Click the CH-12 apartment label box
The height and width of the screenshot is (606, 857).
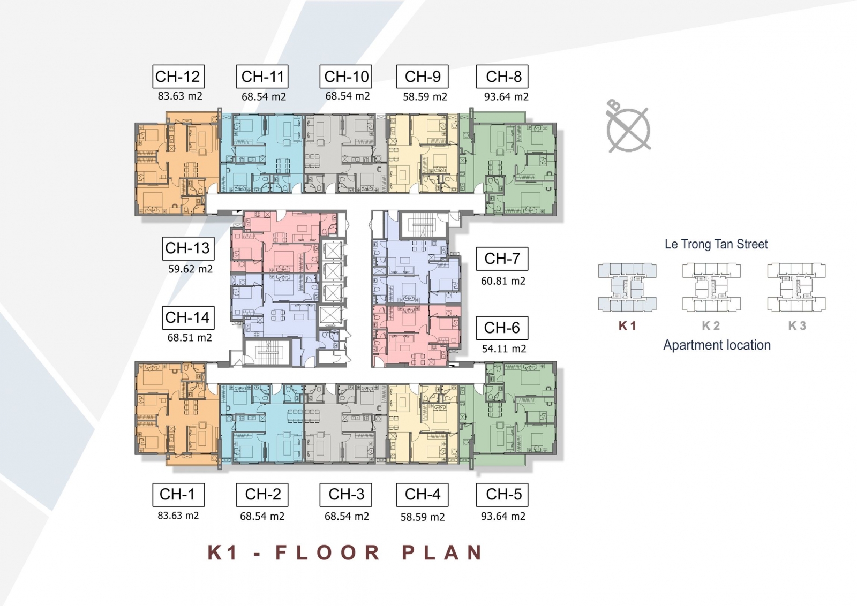[179, 77]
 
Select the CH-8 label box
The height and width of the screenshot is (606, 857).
[502, 77]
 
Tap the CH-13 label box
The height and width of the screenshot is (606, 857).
[188, 248]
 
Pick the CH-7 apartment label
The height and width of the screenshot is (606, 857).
[502, 259]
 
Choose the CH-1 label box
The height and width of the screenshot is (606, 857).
[179, 495]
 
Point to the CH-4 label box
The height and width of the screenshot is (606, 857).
[422, 495]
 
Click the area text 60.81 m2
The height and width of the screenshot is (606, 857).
[503, 281]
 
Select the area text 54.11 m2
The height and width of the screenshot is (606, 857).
[504, 349]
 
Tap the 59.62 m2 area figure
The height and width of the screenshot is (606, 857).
[191, 269]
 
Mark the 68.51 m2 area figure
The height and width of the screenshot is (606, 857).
[190, 338]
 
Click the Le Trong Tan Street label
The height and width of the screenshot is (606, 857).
[716, 244]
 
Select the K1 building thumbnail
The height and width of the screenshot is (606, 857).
[627, 287]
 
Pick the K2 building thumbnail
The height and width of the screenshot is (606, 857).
[711, 287]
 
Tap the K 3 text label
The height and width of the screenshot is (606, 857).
[797, 325]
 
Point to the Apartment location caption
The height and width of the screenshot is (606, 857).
[717, 345]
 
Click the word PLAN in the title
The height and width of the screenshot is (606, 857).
[442, 553]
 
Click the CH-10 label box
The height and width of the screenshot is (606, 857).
[346, 77]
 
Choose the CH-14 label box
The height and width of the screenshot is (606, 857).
[188, 317]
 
